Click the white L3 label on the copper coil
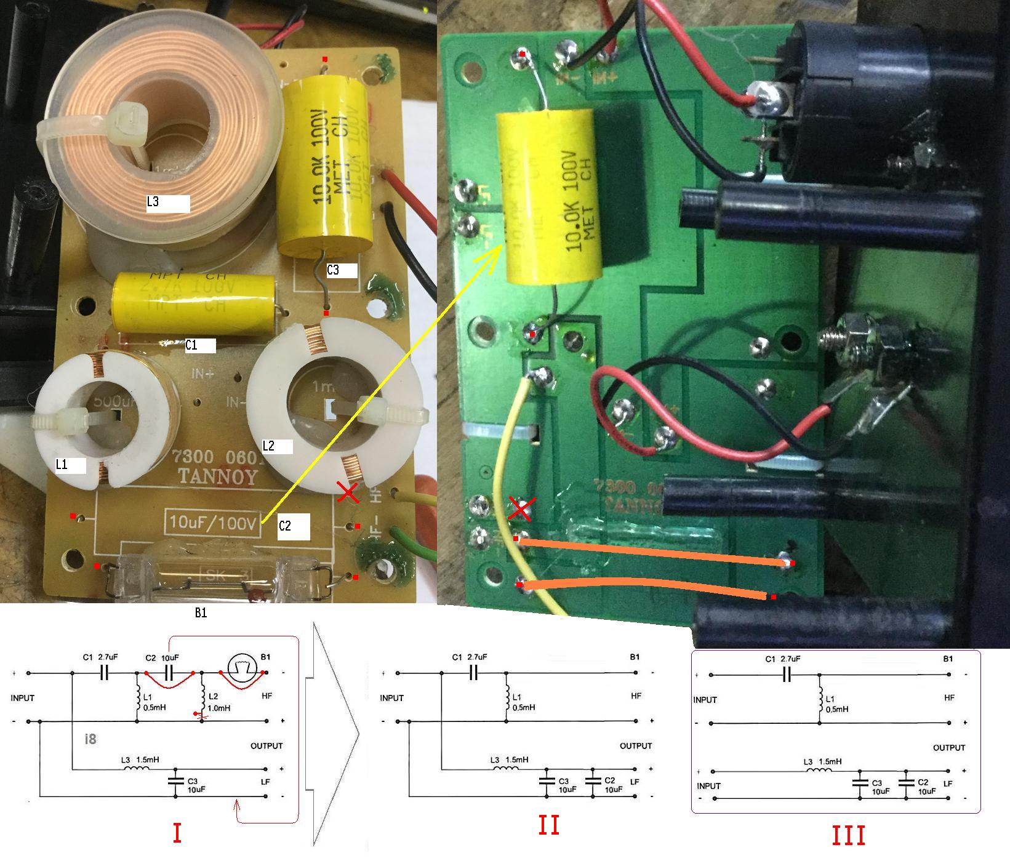(x=167, y=203)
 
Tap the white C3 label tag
(x=342, y=270)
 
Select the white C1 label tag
(x=200, y=345)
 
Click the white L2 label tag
(x=276, y=446)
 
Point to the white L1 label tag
(x=70, y=465)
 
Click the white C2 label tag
(x=293, y=526)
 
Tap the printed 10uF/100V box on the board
(x=212, y=524)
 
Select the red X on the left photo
(x=348, y=492)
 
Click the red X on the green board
(x=520, y=508)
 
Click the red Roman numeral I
(x=177, y=833)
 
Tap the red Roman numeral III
(x=849, y=836)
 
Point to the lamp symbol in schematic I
(x=241, y=667)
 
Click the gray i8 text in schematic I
(x=90, y=739)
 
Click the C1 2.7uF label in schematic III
(x=783, y=659)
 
